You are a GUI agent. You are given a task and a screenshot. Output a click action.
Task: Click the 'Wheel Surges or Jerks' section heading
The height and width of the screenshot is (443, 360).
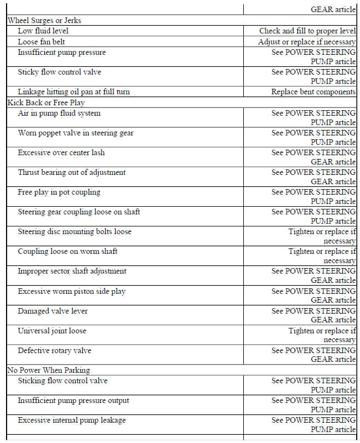(x=44, y=21)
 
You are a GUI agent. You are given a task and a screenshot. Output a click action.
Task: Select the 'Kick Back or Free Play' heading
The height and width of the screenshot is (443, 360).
(x=46, y=103)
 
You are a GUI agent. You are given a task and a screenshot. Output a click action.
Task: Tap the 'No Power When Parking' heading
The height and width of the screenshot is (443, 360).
(x=49, y=370)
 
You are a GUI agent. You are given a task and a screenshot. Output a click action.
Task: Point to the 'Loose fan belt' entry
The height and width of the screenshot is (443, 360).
(x=42, y=42)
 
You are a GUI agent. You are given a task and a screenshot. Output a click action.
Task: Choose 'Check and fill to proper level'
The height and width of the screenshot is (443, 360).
(x=307, y=31)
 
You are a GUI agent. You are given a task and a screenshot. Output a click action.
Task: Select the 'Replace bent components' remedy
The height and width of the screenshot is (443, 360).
(x=313, y=92)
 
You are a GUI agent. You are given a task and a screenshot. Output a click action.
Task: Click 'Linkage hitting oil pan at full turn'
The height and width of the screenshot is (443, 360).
(x=73, y=92)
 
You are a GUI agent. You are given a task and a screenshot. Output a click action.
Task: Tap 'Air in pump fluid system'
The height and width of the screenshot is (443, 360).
(x=59, y=113)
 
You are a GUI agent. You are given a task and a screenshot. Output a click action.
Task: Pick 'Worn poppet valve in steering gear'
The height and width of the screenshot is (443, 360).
(x=76, y=133)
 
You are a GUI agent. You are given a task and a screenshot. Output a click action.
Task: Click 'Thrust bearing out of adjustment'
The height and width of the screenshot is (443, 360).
(x=72, y=173)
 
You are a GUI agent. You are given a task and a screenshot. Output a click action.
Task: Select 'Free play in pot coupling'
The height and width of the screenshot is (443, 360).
(x=59, y=192)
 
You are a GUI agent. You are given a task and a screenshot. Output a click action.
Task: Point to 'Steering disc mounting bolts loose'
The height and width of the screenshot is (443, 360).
(x=75, y=232)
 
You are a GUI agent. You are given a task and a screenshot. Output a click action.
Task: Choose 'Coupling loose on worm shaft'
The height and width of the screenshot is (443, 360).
(x=67, y=252)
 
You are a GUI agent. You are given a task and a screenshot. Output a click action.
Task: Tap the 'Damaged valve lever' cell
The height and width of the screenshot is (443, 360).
(x=53, y=311)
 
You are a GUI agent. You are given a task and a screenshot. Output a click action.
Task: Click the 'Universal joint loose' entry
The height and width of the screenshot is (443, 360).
(x=52, y=331)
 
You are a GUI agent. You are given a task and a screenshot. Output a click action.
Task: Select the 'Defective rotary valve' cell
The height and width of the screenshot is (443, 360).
(x=55, y=351)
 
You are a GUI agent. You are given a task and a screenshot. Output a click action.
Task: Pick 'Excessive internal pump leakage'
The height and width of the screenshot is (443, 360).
(x=72, y=421)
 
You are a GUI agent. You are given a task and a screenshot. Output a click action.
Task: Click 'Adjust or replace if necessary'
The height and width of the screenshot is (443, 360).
(x=307, y=42)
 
